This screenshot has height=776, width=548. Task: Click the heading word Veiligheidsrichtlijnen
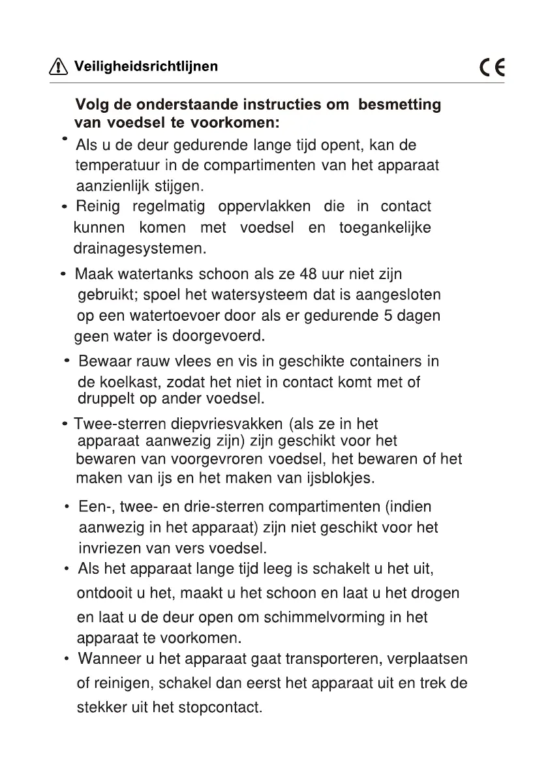point(146,67)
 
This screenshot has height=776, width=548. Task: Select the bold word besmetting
point(399,104)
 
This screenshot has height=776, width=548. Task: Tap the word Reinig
point(98,207)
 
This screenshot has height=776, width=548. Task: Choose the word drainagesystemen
point(140,248)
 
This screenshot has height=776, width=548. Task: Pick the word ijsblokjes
point(340,478)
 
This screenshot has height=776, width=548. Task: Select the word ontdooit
point(104,593)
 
